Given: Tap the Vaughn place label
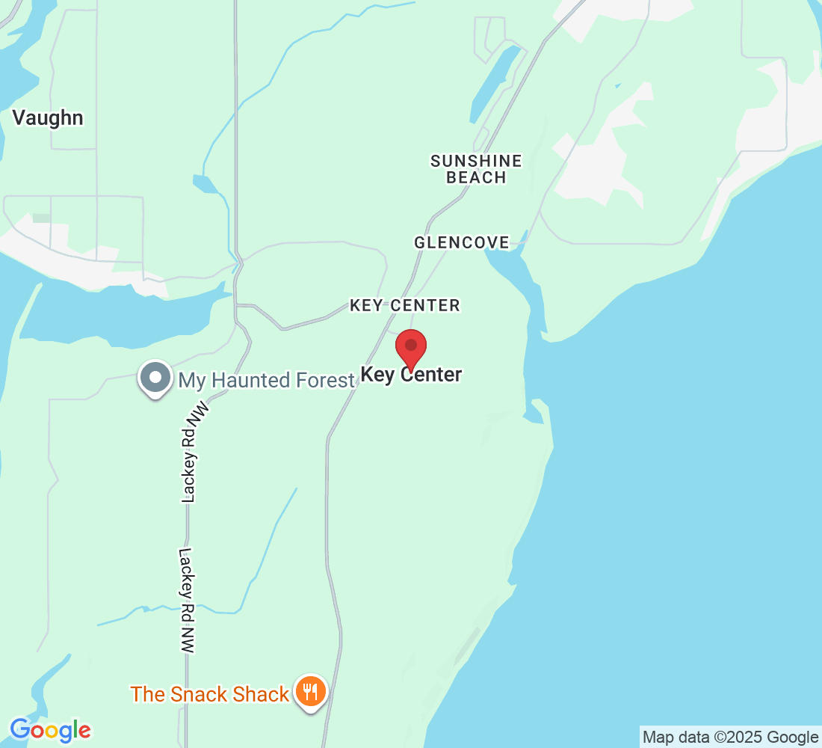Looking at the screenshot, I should coord(48,118).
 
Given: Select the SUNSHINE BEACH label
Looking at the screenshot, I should coord(476,169).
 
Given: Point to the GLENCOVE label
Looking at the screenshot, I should coord(461,242).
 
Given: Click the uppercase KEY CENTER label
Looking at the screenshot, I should coord(405,305).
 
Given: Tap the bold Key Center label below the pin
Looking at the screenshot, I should coord(411,375).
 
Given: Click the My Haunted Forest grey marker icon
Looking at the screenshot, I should coord(155,378).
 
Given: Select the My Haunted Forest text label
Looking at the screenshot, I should coord(266,380).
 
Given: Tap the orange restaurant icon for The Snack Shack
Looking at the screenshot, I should coord(309,691).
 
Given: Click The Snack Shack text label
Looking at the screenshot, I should coord(209,694).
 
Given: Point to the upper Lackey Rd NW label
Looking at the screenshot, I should coord(192,453).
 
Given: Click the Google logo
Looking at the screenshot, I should coord(50,729).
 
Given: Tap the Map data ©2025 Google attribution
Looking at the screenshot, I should coord(730,737).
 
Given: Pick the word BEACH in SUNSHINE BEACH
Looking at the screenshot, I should coord(476,177).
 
